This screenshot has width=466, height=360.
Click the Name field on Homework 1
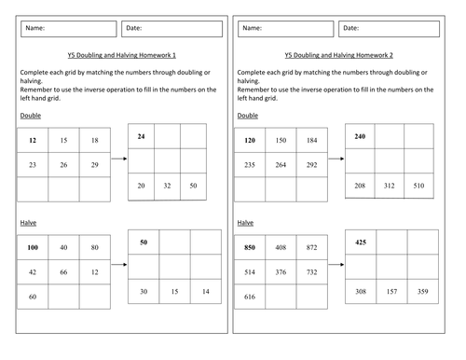(x=69, y=29)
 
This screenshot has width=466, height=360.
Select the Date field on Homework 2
(x=389, y=29)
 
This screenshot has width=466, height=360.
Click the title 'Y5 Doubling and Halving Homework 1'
(x=122, y=55)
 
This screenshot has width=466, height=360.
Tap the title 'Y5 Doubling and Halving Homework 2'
(x=339, y=55)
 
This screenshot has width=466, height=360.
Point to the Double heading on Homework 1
(x=31, y=116)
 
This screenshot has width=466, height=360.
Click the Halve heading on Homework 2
(x=245, y=223)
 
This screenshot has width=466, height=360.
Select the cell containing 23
(x=33, y=165)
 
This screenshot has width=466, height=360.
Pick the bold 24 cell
(x=141, y=136)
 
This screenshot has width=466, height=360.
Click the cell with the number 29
(x=95, y=165)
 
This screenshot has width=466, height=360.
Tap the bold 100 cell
(x=33, y=247)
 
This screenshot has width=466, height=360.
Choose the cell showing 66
(x=63, y=272)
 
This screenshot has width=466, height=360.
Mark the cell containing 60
(x=33, y=297)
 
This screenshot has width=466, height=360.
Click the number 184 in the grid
(x=312, y=140)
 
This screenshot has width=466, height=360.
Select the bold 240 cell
(x=360, y=136)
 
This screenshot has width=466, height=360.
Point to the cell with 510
(x=418, y=186)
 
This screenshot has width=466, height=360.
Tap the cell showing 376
(x=281, y=272)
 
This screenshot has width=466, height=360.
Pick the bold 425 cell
(x=361, y=242)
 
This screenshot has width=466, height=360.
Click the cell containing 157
(x=391, y=291)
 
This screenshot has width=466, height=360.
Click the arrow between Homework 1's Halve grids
(x=119, y=265)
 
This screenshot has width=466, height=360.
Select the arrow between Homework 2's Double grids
(x=336, y=159)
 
